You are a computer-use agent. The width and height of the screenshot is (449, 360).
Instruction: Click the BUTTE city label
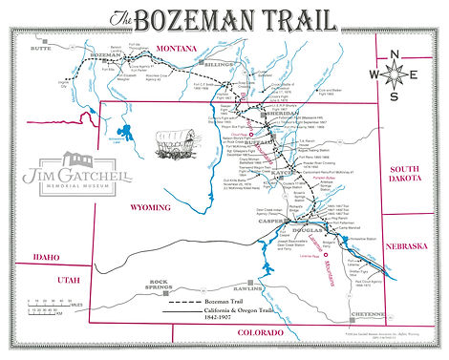pyautogui.click(x=41, y=45)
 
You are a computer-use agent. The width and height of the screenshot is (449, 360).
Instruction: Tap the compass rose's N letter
pyautogui.click(x=401, y=54)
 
